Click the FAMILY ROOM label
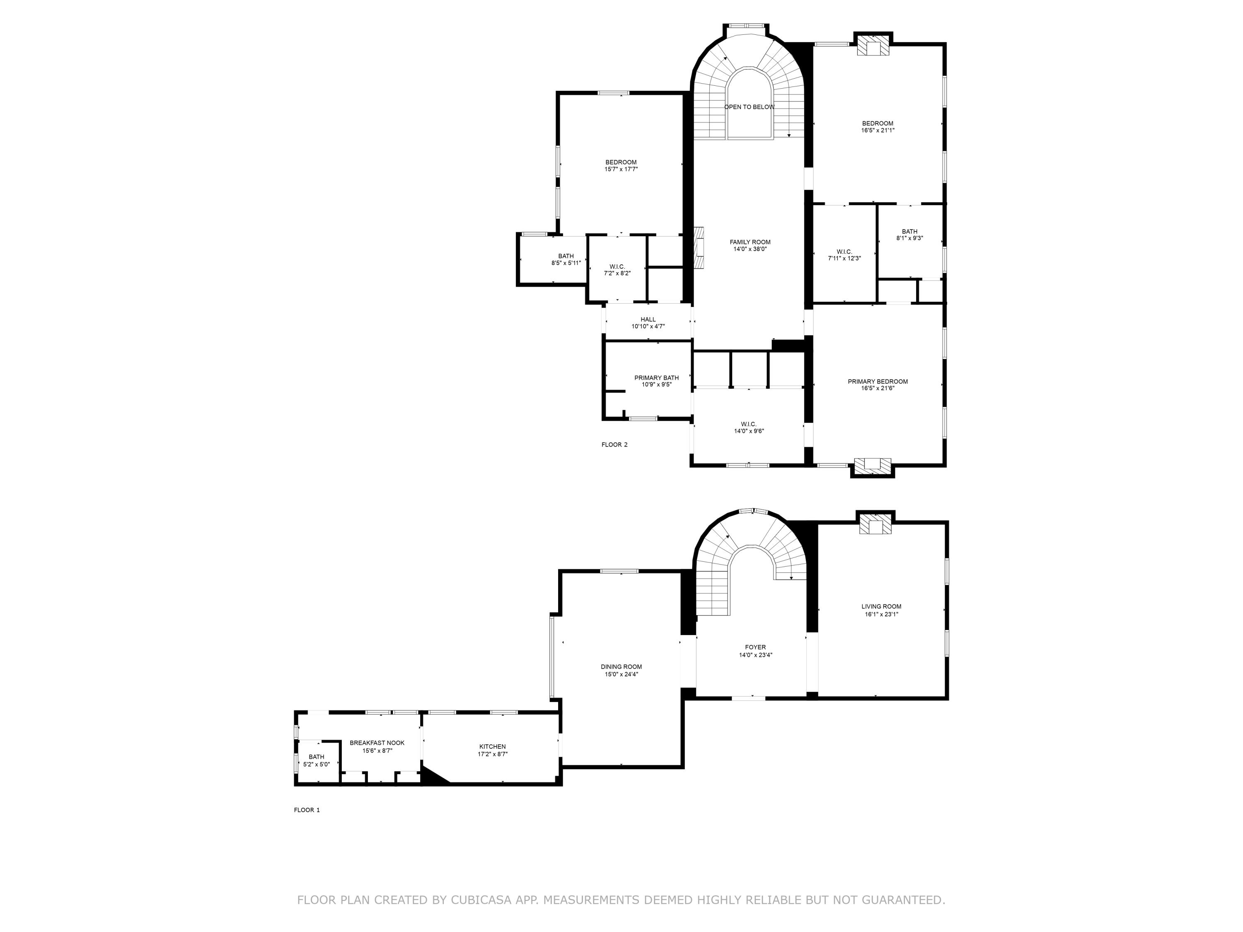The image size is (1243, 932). (750, 242)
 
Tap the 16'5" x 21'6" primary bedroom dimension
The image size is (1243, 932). (878, 388)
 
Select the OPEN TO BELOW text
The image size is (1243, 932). (749, 107)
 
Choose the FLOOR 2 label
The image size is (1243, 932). (614, 444)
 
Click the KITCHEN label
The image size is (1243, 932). (492, 746)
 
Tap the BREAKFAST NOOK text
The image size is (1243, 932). (377, 743)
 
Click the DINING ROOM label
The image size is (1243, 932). (621, 667)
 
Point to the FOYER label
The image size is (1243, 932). (755, 647)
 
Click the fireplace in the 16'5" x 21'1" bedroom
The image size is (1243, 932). (873, 48)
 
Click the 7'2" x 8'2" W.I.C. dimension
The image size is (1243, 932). (617, 273)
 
